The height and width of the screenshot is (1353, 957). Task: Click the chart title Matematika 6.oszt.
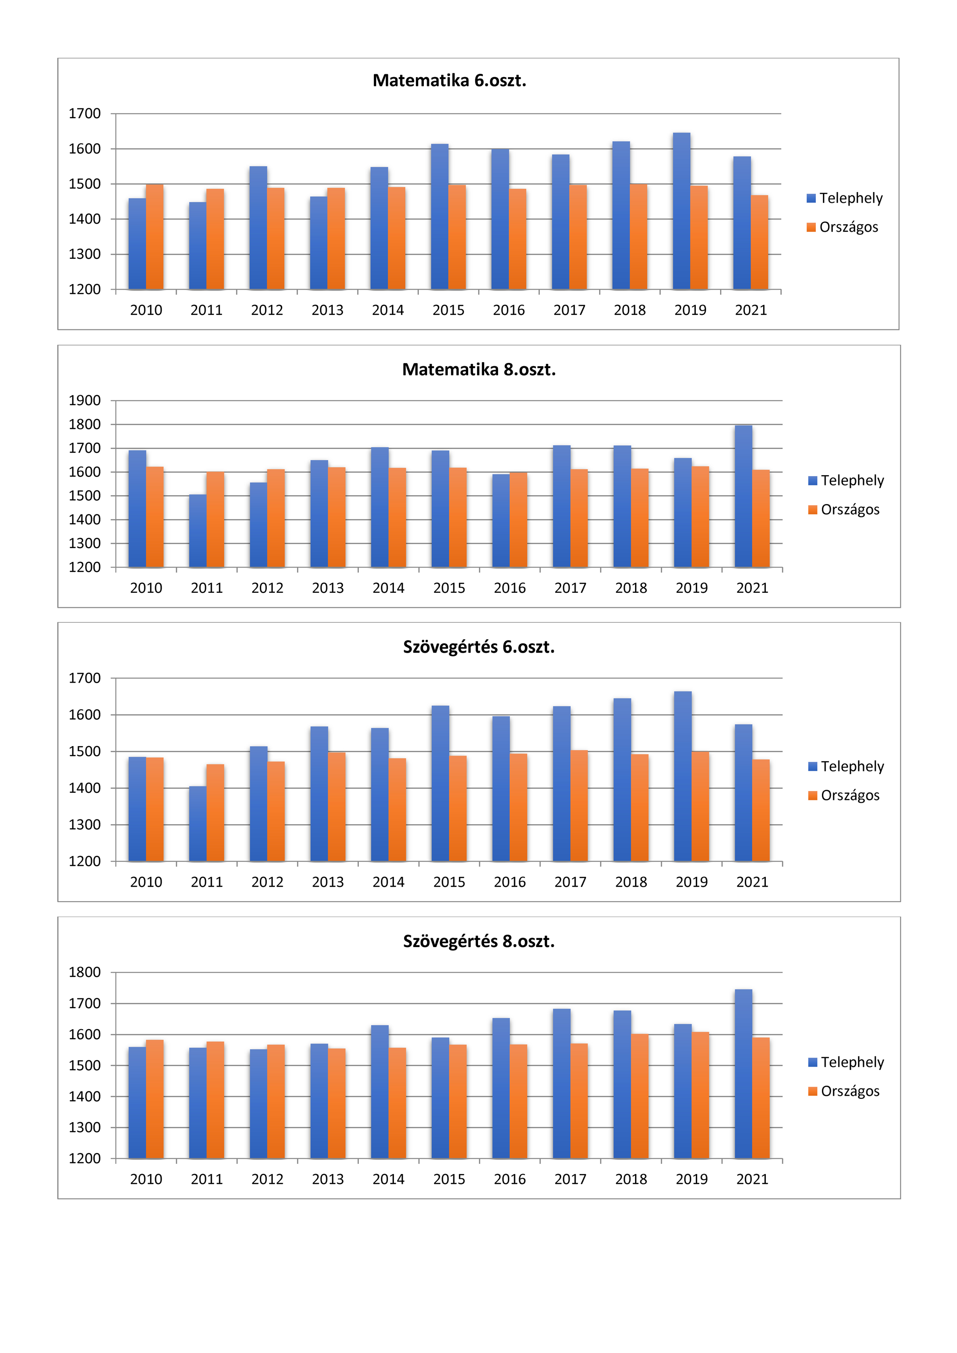(449, 81)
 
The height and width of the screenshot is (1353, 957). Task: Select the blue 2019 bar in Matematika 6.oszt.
(681, 211)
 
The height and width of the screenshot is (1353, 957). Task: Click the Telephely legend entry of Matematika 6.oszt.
(844, 198)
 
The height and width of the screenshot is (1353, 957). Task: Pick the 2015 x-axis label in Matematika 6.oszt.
(449, 310)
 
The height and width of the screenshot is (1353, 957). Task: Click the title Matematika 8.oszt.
(479, 370)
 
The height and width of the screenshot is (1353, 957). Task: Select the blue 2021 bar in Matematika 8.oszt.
(743, 496)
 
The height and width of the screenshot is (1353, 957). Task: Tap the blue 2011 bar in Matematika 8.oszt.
(198, 531)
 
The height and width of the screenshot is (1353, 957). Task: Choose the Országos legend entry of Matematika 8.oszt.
(844, 510)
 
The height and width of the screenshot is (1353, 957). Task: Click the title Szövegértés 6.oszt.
(479, 647)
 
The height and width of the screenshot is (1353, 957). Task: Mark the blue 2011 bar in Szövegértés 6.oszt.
(198, 824)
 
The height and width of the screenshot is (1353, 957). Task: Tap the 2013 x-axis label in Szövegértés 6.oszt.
(328, 882)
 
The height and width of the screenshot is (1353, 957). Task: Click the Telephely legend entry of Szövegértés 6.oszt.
(846, 766)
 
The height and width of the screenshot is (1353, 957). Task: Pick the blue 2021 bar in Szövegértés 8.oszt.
(743, 1074)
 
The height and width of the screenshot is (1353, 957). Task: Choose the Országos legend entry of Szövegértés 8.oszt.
(844, 1091)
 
